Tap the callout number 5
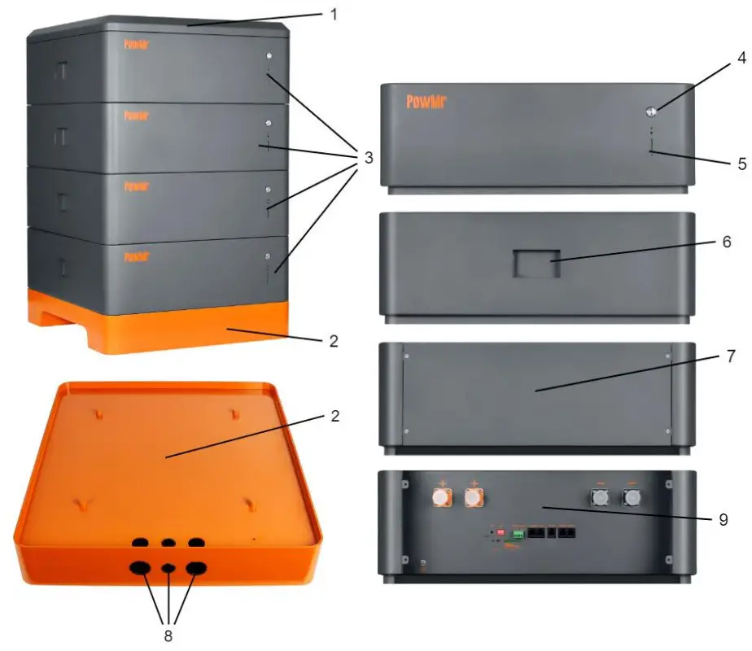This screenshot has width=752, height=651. (741, 163)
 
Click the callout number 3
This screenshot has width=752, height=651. (368, 157)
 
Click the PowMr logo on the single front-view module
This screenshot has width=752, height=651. (426, 102)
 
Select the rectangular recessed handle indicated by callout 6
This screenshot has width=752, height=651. (536, 264)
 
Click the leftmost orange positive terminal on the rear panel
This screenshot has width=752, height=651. (444, 496)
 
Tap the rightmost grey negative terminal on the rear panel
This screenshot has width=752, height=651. (632, 496)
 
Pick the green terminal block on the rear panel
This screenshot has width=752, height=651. (518, 536)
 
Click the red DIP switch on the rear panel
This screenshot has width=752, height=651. (501, 531)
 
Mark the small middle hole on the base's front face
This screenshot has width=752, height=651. (168, 568)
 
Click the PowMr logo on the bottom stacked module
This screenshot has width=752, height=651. (137, 256)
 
